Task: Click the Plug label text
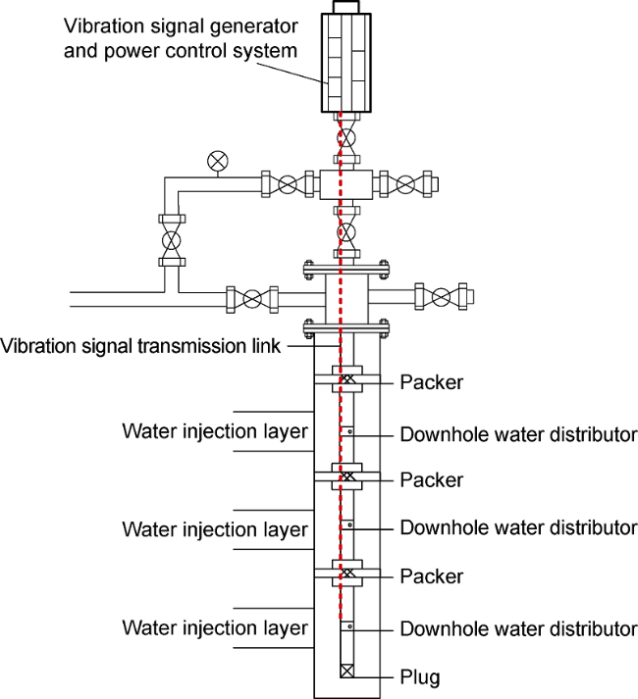pos(420,675)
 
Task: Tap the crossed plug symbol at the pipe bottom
pos(347,672)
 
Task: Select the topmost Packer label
pos(431,380)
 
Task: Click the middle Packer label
pos(431,480)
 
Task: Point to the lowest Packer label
pos(431,575)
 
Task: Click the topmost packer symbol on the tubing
pos(347,380)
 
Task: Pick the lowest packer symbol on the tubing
pos(347,573)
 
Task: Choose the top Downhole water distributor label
pos(518,433)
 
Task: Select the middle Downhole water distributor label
pos(518,527)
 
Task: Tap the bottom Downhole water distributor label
pos(518,627)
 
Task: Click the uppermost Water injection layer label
pos(215,432)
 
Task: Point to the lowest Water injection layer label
pos(215,627)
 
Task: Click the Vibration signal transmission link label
pos(141,346)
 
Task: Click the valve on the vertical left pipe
pos(173,238)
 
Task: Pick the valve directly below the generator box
pos(347,134)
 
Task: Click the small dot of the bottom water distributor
pos(350,625)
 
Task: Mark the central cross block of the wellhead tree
pos(347,183)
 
